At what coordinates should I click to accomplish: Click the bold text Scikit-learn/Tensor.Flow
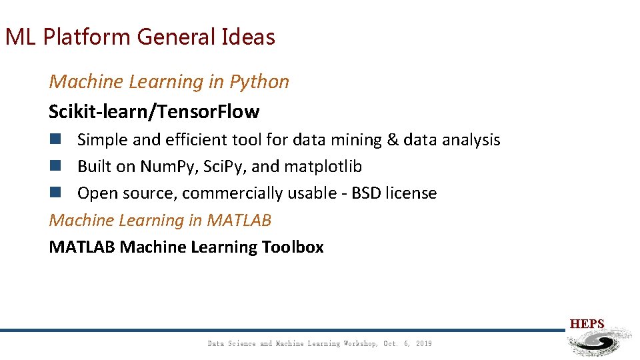[x=154, y=111]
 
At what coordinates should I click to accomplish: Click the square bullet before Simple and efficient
[x=55, y=139]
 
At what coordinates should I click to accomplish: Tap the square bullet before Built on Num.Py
[x=55, y=166]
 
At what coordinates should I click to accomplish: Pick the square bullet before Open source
[x=55, y=193]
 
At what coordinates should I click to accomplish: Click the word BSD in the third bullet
[x=365, y=193]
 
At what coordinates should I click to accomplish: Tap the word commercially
[x=243, y=193]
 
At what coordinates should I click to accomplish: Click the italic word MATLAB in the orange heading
[x=239, y=220]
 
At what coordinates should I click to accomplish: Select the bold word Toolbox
[x=293, y=247]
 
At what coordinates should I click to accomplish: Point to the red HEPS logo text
[x=587, y=324]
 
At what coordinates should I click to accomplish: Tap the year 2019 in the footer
[x=423, y=344]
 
